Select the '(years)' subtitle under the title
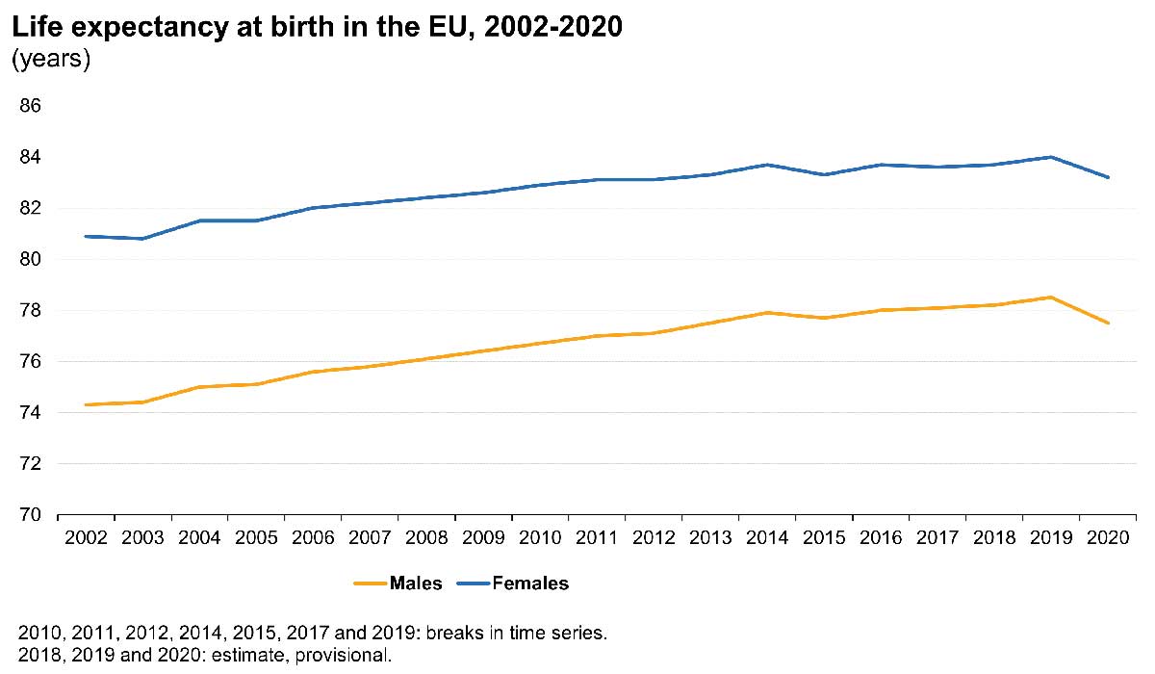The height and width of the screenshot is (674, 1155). [x=50, y=60]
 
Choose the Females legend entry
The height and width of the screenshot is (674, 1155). [x=529, y=583]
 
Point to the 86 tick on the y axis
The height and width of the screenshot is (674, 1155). [x=30, y=106]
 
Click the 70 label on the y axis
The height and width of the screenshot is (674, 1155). [x=30, y=515]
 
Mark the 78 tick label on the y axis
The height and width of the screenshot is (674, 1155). [x=30, y=310]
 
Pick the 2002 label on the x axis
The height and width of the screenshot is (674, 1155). [x=86, y=535]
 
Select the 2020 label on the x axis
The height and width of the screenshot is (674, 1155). [x=1108, y=535]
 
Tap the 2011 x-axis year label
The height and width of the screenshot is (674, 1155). [x=597, y=535]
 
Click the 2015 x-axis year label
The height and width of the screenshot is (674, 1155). [x=824, y=535]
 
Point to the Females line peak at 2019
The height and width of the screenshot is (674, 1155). [x=1051, y=157]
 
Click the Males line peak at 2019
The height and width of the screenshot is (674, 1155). [x=1051, y=298]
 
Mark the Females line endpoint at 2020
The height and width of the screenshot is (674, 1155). [x=1108, y=177]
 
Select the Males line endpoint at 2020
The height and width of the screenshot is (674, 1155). [x=1108, y=323]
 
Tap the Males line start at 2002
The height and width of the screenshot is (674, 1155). [x=86, y=404]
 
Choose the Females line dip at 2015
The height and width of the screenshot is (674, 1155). [x=824, y=174]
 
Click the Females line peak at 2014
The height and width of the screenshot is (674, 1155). [x=767, y=165]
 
